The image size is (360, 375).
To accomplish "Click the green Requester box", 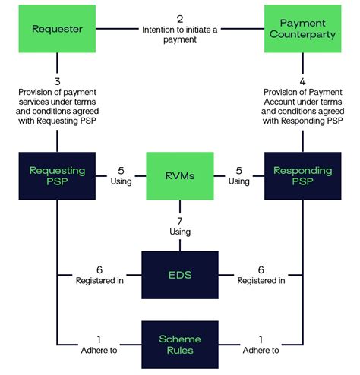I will click(x=57, y=30).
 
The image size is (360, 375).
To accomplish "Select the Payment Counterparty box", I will click(x=302, y=30).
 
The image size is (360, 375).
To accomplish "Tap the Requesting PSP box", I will click(x=57, y=176).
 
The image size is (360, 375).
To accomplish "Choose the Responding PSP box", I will click(x=302, y=176).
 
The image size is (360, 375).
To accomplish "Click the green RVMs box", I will click(x=179, y=176).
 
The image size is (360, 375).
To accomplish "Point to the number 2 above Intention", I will click(x=179, y=18).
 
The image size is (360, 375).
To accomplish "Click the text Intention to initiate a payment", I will click(x=179, y=35).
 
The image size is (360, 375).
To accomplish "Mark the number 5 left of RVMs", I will click(x=120, y=171).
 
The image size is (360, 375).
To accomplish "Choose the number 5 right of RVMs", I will click(x=239, y=171).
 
